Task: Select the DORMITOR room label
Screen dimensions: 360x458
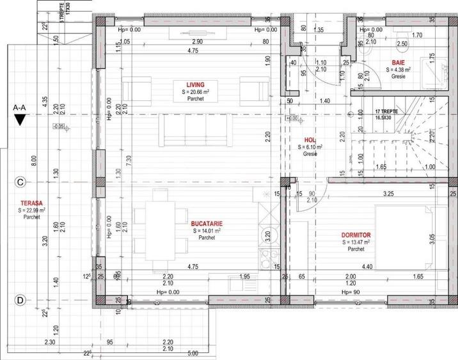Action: pos(356,235)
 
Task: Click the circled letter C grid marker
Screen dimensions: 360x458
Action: pos(20,182)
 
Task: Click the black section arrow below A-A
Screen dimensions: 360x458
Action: pos(20,120)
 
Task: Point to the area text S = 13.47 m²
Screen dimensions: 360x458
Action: pos(356,242)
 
